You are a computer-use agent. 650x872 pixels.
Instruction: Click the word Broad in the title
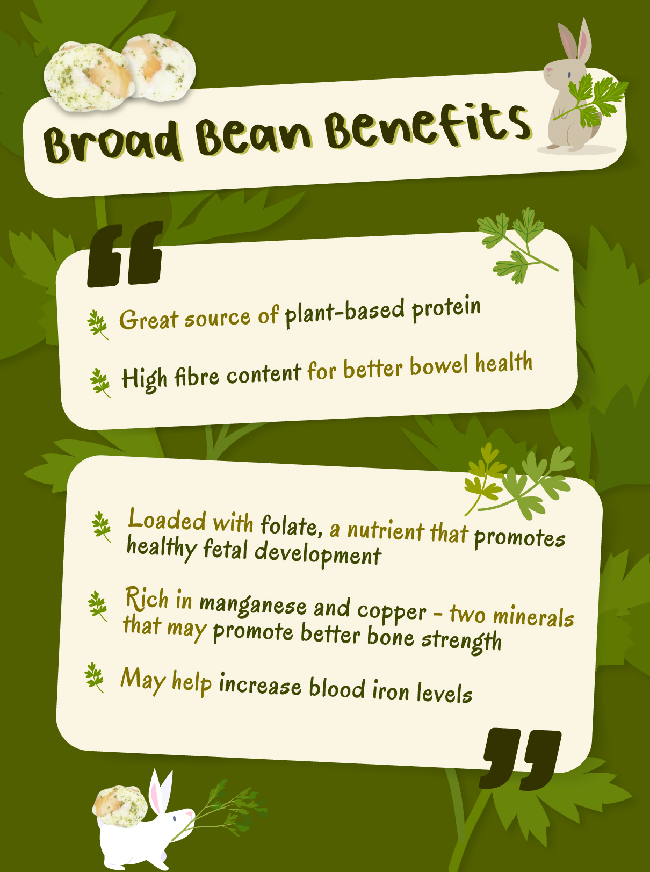coord(112,141)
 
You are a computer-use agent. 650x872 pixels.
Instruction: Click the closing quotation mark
coord(520,759)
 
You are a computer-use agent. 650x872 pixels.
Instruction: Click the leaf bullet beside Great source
coord(97,325)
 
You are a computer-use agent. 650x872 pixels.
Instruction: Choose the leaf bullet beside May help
coord(95,678)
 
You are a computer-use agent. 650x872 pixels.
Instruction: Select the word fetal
coord(226,550)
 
